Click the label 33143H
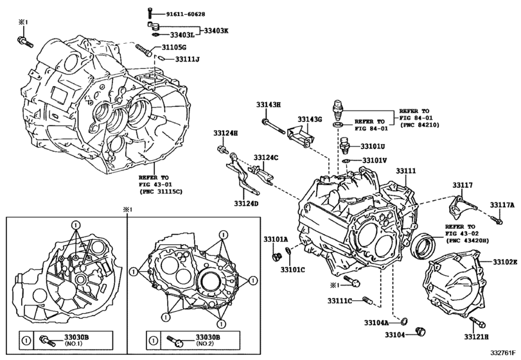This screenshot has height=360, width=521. coord(268,104)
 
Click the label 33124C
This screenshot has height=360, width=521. coord(265,157)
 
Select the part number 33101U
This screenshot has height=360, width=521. coord(373,146)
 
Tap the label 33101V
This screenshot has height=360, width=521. coord(374,160)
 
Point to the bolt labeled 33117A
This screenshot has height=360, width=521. coord(497,221)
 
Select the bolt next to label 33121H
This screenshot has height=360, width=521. coord(476,323)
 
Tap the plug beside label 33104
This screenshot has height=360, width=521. coord(422,331)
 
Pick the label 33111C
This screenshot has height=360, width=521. coord(340,300)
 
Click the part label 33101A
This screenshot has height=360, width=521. coord(275,239)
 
